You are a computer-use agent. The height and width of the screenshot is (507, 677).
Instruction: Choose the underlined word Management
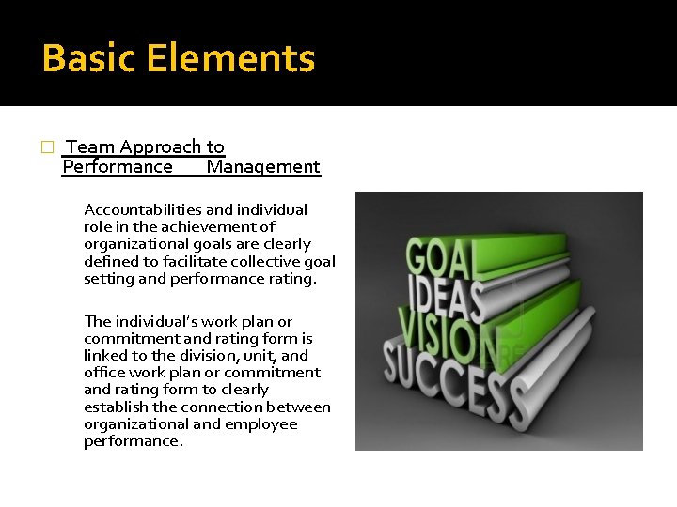pyautogui.click(x=263, y=167)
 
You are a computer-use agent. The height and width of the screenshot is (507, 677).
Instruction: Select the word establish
pyautogui.click(x=115, y=407)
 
